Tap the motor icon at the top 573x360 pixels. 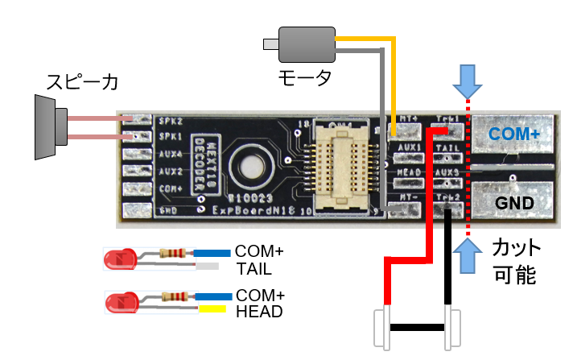[305, 44]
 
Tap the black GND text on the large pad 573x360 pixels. [515, 203]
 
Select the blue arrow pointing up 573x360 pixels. [467, 257]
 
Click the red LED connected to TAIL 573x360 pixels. [119, 259]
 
